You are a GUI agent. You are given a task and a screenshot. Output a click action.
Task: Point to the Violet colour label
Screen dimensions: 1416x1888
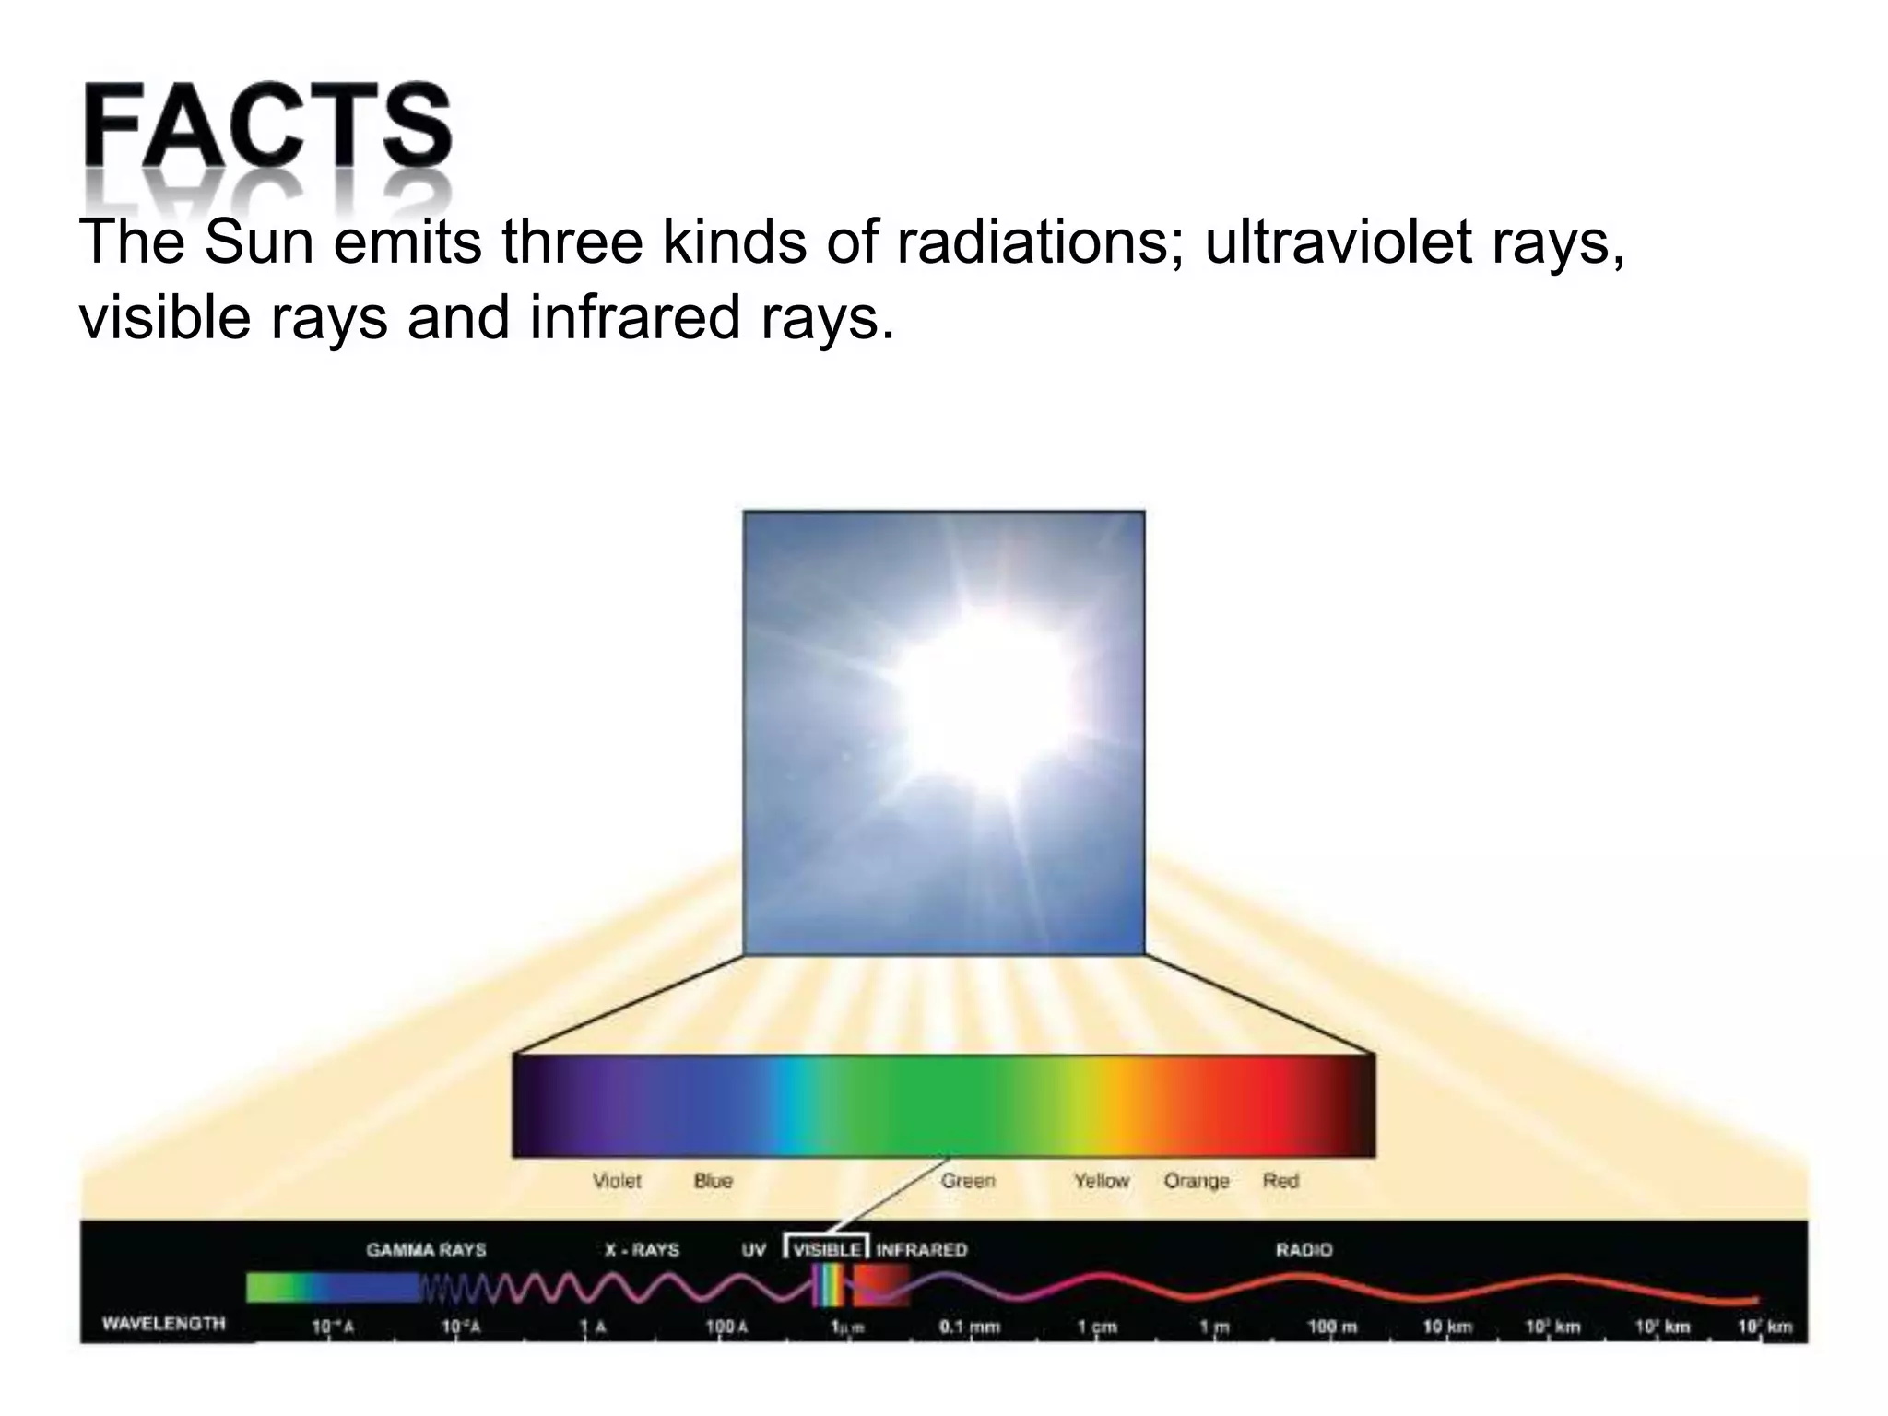click(617, 1181)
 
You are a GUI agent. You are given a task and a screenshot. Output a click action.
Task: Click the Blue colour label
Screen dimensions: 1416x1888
click(713, 1181)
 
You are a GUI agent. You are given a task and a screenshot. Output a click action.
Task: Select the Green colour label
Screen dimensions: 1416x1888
click(968, 1181)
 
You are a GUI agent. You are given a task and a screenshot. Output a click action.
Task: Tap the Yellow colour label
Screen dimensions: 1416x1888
click(1102, 1181)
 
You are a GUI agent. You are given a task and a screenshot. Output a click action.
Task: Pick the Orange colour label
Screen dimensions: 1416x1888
click(1197, 1181)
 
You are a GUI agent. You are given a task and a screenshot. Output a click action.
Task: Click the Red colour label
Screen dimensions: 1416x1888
click(1280, 1181)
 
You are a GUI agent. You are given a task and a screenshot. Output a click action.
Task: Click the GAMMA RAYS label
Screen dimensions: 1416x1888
click(426, 1250)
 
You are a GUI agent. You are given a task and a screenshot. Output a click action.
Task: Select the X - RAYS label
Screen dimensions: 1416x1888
click(642, 1250)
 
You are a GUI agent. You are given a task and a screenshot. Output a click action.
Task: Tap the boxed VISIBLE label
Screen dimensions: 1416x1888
click(827, 1250)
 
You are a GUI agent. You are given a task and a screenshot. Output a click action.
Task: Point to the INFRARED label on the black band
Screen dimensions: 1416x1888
click(921, 1250)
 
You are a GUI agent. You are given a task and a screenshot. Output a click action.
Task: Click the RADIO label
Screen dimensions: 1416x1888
click(1304, 1250)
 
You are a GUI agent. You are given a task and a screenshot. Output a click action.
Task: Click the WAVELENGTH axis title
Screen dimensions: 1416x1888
click(163, 1324)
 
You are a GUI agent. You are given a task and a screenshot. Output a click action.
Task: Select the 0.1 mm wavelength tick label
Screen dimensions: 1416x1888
click(969, 1327)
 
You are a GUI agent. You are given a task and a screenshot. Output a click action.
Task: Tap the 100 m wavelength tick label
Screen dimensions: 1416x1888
click(1332, 1327)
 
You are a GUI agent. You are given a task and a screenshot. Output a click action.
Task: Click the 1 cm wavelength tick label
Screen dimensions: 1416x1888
click(1098, 1327)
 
